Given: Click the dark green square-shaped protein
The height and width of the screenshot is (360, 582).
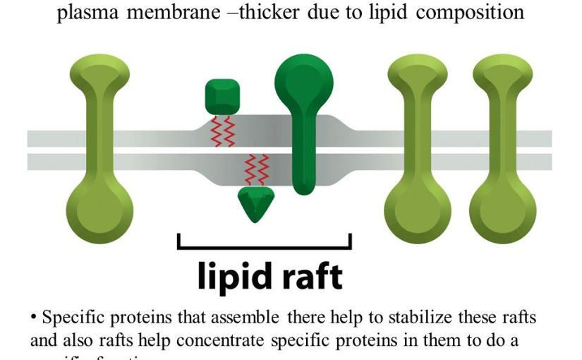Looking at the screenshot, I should pos(224,97).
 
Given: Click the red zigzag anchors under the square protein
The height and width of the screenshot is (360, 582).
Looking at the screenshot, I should pos(224,131).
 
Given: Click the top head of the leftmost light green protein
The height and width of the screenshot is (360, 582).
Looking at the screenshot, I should pos(99,73).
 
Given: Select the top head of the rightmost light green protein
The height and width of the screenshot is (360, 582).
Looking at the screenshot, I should pos(503,73).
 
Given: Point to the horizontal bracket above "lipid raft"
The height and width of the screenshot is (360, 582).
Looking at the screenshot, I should pos(264,246).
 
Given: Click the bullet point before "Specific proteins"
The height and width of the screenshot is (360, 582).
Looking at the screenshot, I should pos(33,318).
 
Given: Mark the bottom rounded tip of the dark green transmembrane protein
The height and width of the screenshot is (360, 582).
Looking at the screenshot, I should pos(304,186).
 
